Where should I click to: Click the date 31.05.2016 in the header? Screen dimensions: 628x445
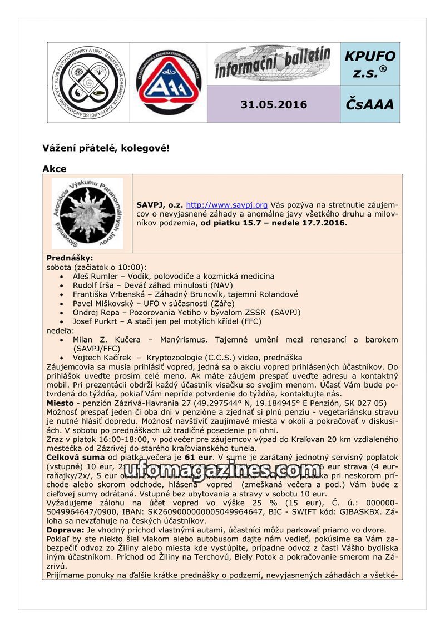click(x=273, y=104)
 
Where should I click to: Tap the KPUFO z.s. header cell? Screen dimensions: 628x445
click(x=370, y=64)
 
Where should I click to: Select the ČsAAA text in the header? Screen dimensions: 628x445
click(x=370, y=104)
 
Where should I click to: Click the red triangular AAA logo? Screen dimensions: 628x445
click(x=169, y=82)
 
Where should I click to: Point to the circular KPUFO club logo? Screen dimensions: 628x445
click(x=88, y=82)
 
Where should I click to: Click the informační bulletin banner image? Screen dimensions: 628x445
click(x=273, y=64)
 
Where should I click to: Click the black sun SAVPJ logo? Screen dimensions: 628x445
click(x=87, y=213)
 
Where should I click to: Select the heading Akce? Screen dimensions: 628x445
click(x=55, y=169)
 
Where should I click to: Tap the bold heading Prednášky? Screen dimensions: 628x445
click(x=70, y=258)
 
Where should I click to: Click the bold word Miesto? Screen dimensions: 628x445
click(x=60, y=403)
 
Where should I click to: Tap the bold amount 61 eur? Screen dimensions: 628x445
click(x=201, y=456)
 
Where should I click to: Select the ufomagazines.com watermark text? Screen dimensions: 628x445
click(x=222, y=469)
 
